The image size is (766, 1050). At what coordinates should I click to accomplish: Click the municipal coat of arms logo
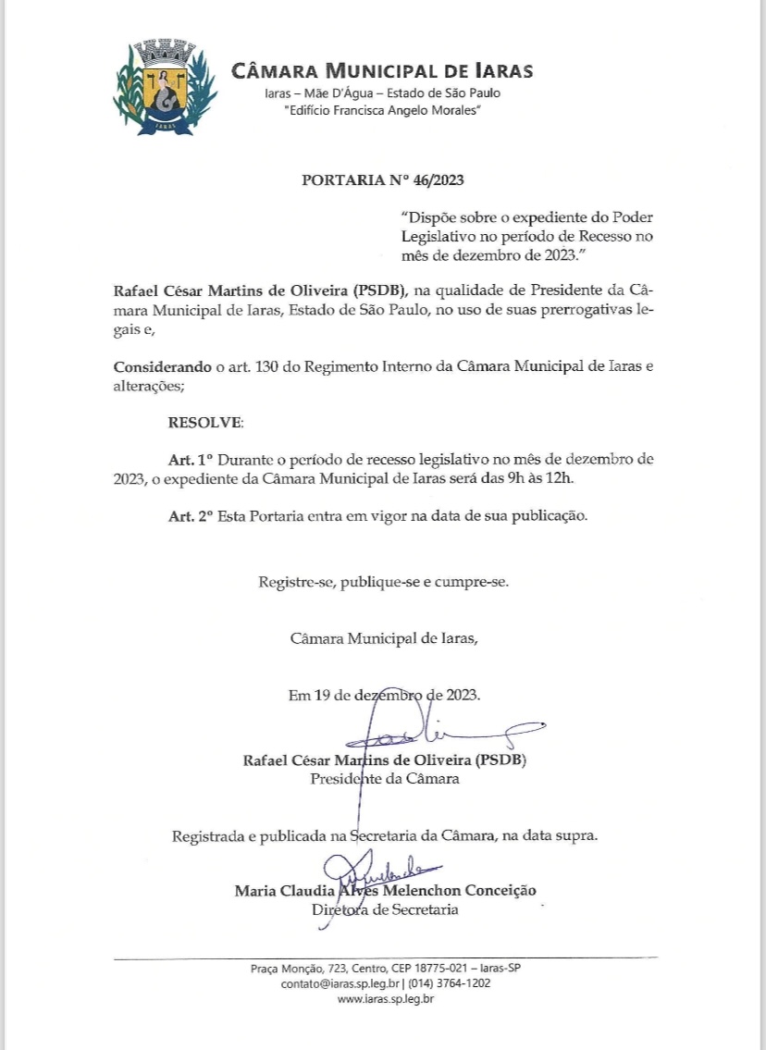(165, 88)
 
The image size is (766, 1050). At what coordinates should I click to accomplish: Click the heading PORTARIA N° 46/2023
(382, 179)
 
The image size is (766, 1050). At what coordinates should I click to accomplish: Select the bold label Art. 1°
(191, 459)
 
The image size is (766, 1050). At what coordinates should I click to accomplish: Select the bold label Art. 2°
(191, 515)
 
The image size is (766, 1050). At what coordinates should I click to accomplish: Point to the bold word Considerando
(163, 366)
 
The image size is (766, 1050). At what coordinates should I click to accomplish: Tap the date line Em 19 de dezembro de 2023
(384, 695)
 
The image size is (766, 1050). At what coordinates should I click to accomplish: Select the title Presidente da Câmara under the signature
(384, 779)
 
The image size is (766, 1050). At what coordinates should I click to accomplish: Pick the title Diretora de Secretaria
(384, 910)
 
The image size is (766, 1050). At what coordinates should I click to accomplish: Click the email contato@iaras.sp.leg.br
(340, 983)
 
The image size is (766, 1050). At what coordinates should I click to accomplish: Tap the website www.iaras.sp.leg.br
(386, 999)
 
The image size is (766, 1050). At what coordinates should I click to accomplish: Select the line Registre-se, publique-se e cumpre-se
(383, 583)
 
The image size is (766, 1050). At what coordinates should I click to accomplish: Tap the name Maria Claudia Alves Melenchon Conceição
(385, 891)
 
